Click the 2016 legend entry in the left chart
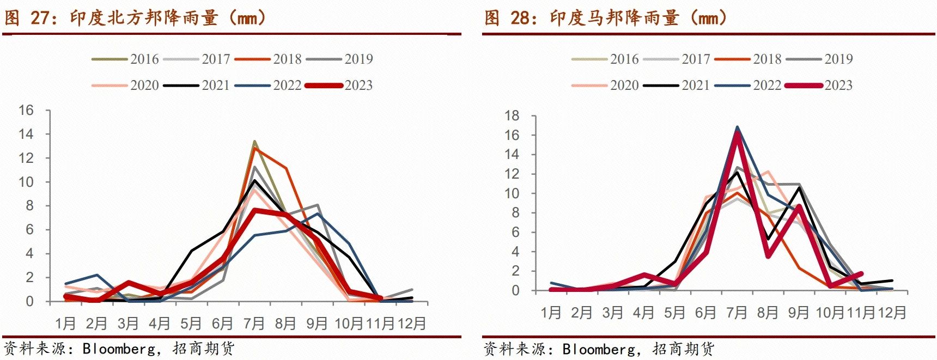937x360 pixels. pyautogui.click(x=126, y=59)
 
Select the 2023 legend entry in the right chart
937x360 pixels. pyautogui.click(x=819, y=85)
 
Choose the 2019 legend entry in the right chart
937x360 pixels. pyautogui.click(x=819, y=59)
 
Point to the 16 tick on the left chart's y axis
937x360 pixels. pyautogui.click(x=26, y=110)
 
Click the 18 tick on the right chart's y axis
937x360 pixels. pyautogui.click(x=512, y=115)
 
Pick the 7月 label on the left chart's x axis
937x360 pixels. pyautogui.click(x=253, y=324)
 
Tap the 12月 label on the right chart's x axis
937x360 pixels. pyautogui.click(x=892, y=313)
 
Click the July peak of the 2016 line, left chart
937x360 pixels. pyautogui.click(x=254, y=141)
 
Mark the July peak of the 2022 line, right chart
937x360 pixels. pyautogui.click(x=737, y=127)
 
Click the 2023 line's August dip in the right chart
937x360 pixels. pyautogui.click(x=768, y=256)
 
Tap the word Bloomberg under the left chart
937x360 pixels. pyautogui.click(x=118, y=349)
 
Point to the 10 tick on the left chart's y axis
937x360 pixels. pyautogui.click(x=26, y=182)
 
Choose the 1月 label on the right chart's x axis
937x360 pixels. pyautogui.click(x=551, y=313)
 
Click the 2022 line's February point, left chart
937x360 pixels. pyautogui.click(x=97, y=275)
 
